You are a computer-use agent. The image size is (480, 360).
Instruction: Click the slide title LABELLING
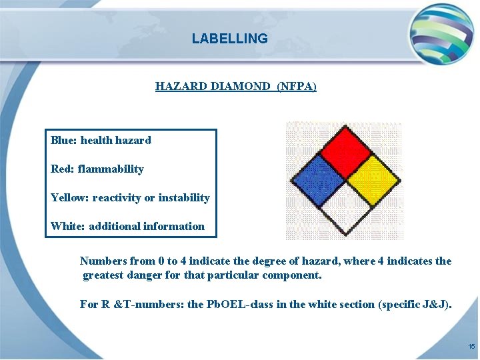click(229, 39)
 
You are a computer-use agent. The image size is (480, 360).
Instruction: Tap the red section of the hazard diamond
click(345, 153)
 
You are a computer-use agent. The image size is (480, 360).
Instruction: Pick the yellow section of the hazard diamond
click(373, 180)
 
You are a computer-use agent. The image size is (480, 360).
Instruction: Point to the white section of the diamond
click(345, 208)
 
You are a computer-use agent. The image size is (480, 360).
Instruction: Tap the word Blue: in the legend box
click(64, 140)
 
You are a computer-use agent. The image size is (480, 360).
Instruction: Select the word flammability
click(111, 169)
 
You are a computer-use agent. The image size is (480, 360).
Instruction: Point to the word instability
click(184, 197)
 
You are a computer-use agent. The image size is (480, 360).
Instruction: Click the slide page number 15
click(471, 347)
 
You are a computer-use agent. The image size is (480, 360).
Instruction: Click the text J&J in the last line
click(436, 304)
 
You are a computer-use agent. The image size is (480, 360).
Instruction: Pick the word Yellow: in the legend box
click(70, 197)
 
